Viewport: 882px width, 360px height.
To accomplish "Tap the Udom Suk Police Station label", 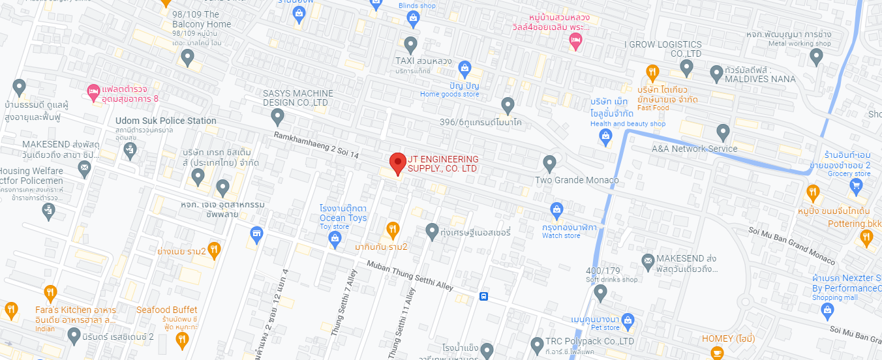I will (166, 121).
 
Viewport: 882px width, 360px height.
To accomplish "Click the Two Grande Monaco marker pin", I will (549, 162).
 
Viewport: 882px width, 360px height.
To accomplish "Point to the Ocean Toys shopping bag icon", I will (335, 239).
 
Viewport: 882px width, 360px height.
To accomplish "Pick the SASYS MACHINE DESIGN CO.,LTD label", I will (297, 98).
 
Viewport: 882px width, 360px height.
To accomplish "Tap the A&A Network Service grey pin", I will (722, 132).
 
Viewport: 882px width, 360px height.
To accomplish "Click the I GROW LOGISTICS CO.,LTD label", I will (663, 49).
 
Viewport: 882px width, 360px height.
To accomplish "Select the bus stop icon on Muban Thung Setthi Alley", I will (483, 296).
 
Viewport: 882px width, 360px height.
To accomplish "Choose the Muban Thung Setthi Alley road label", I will (410, 275).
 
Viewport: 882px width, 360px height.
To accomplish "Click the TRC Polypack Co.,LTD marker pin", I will (536, 344).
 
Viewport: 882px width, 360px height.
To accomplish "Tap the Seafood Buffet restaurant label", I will (167, 310).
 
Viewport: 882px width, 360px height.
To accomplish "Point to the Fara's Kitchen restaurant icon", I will (50, 293).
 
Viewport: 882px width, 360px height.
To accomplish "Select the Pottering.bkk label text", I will (855, 224).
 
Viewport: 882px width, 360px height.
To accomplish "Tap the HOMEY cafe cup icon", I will (717, 353).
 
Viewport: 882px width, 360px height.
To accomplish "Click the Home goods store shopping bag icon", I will (464, 67).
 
